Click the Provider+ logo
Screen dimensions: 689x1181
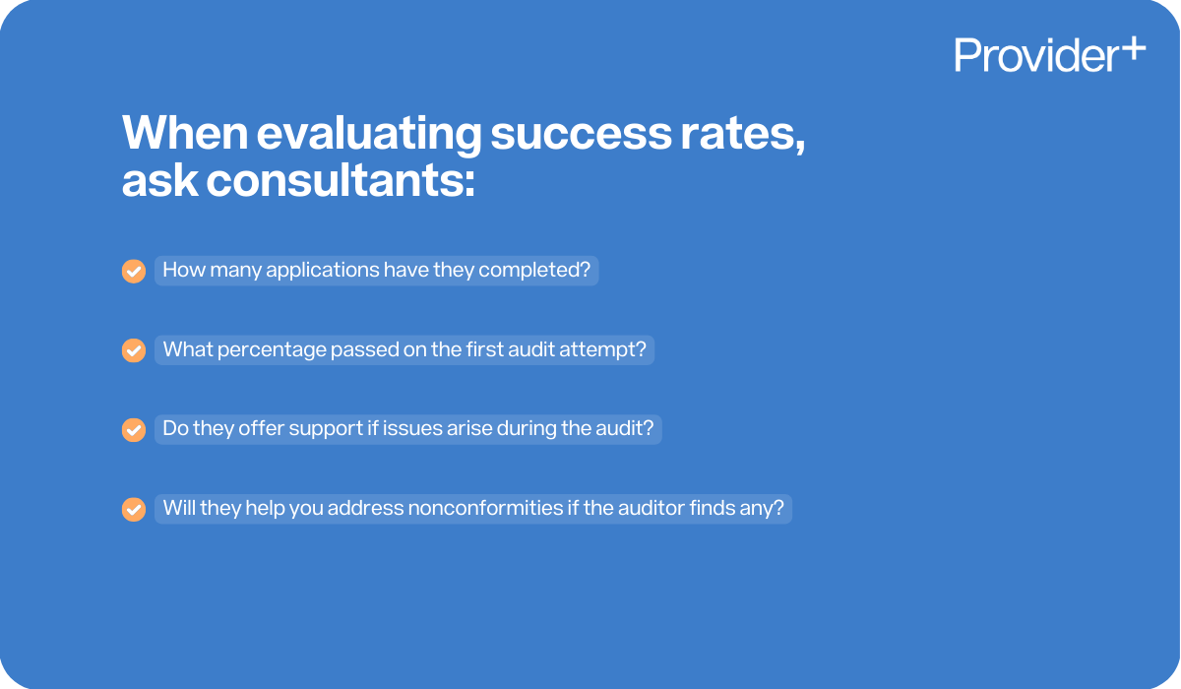click(x=1049, y=54)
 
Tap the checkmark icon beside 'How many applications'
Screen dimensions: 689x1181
click(x=134, y=272)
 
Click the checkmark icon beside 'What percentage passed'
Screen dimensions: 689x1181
click(x=134, y=351)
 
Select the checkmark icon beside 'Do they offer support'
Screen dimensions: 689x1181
click(x=134, y=430)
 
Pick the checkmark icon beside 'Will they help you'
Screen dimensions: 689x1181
click(x=134, y=510)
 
